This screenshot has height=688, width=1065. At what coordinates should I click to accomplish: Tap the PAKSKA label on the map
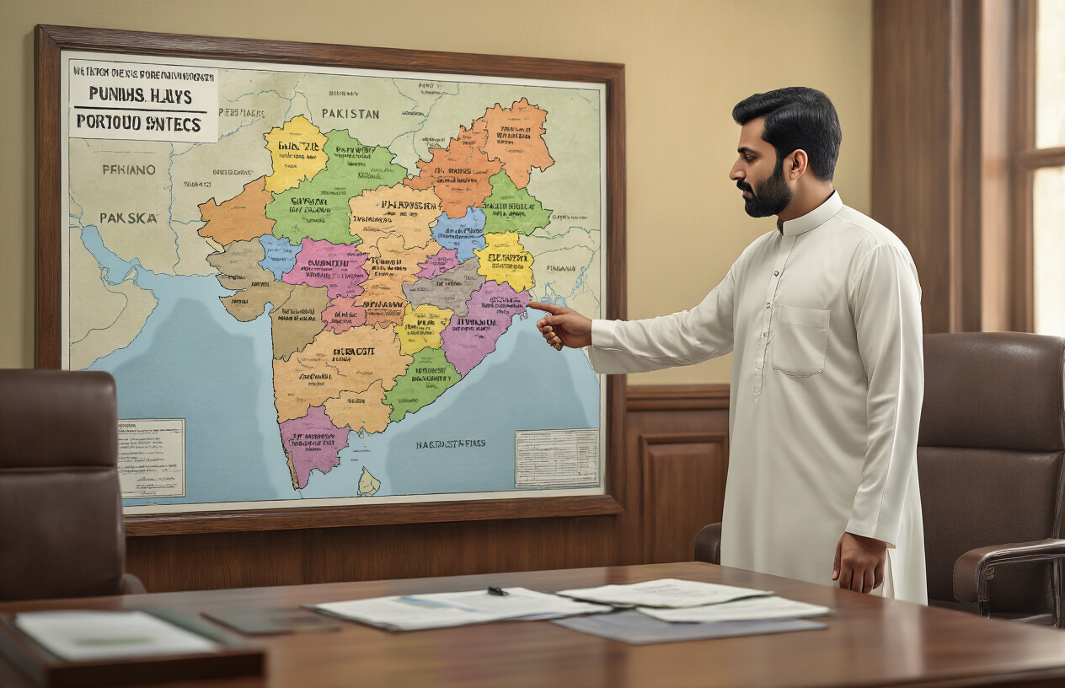129,218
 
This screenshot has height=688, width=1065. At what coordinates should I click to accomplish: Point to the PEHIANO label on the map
129,169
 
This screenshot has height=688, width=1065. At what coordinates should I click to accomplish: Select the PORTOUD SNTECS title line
139,122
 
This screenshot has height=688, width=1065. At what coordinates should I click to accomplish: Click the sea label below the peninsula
450,443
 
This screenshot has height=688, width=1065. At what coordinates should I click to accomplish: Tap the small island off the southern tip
368,482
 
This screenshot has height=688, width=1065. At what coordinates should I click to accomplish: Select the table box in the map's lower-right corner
556,458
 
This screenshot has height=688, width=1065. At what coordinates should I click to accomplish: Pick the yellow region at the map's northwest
294,152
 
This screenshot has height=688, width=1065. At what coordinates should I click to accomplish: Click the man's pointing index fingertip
532,306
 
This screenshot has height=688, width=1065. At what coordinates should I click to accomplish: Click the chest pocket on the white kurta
800,340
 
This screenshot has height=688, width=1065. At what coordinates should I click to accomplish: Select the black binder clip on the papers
497,591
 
